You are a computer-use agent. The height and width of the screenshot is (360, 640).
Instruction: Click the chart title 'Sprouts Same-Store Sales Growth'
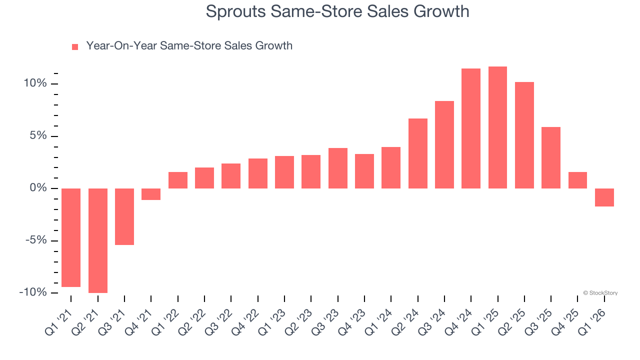coord(337,11)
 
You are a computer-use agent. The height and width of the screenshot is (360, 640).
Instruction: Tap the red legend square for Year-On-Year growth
coord(75,46)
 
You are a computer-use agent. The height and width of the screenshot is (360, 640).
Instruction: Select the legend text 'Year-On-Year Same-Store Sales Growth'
coord(189,46)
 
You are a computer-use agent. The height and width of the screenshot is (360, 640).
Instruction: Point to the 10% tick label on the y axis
coord(35,83)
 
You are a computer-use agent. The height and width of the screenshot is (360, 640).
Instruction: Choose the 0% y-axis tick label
coord(38,188)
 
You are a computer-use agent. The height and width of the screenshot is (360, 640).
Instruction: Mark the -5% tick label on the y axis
coord(36,240)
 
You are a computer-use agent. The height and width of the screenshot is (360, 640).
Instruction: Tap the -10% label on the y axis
coord(33,292)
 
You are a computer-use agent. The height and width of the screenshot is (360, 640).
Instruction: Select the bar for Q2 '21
coord(98,240)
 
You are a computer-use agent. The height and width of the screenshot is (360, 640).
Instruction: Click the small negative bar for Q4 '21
coord(151,194)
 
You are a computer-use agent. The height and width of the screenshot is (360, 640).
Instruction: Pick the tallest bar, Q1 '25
coord(497,127)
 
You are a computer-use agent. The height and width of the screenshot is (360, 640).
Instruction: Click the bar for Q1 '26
coord(604,197)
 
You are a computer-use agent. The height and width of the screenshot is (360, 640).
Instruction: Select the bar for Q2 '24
coord(418,153)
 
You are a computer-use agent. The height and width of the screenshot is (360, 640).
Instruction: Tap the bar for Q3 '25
coord(551,157)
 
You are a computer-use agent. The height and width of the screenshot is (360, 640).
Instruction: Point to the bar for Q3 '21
coord(124,216)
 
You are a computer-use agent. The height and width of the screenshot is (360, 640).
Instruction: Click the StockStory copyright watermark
coord(600,293)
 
